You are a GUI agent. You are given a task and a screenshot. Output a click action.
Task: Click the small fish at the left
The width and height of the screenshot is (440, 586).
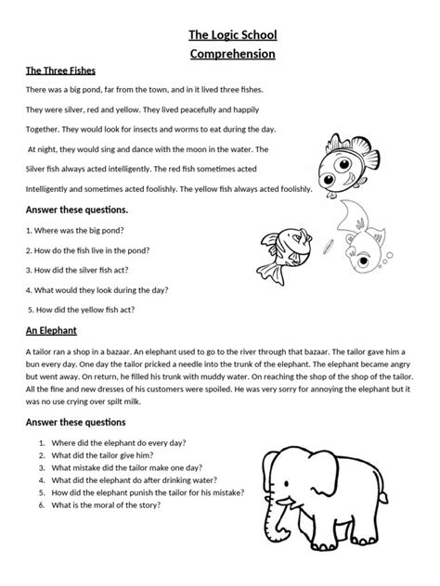283,249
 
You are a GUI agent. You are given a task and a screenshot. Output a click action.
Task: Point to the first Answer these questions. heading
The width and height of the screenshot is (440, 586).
78,209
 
